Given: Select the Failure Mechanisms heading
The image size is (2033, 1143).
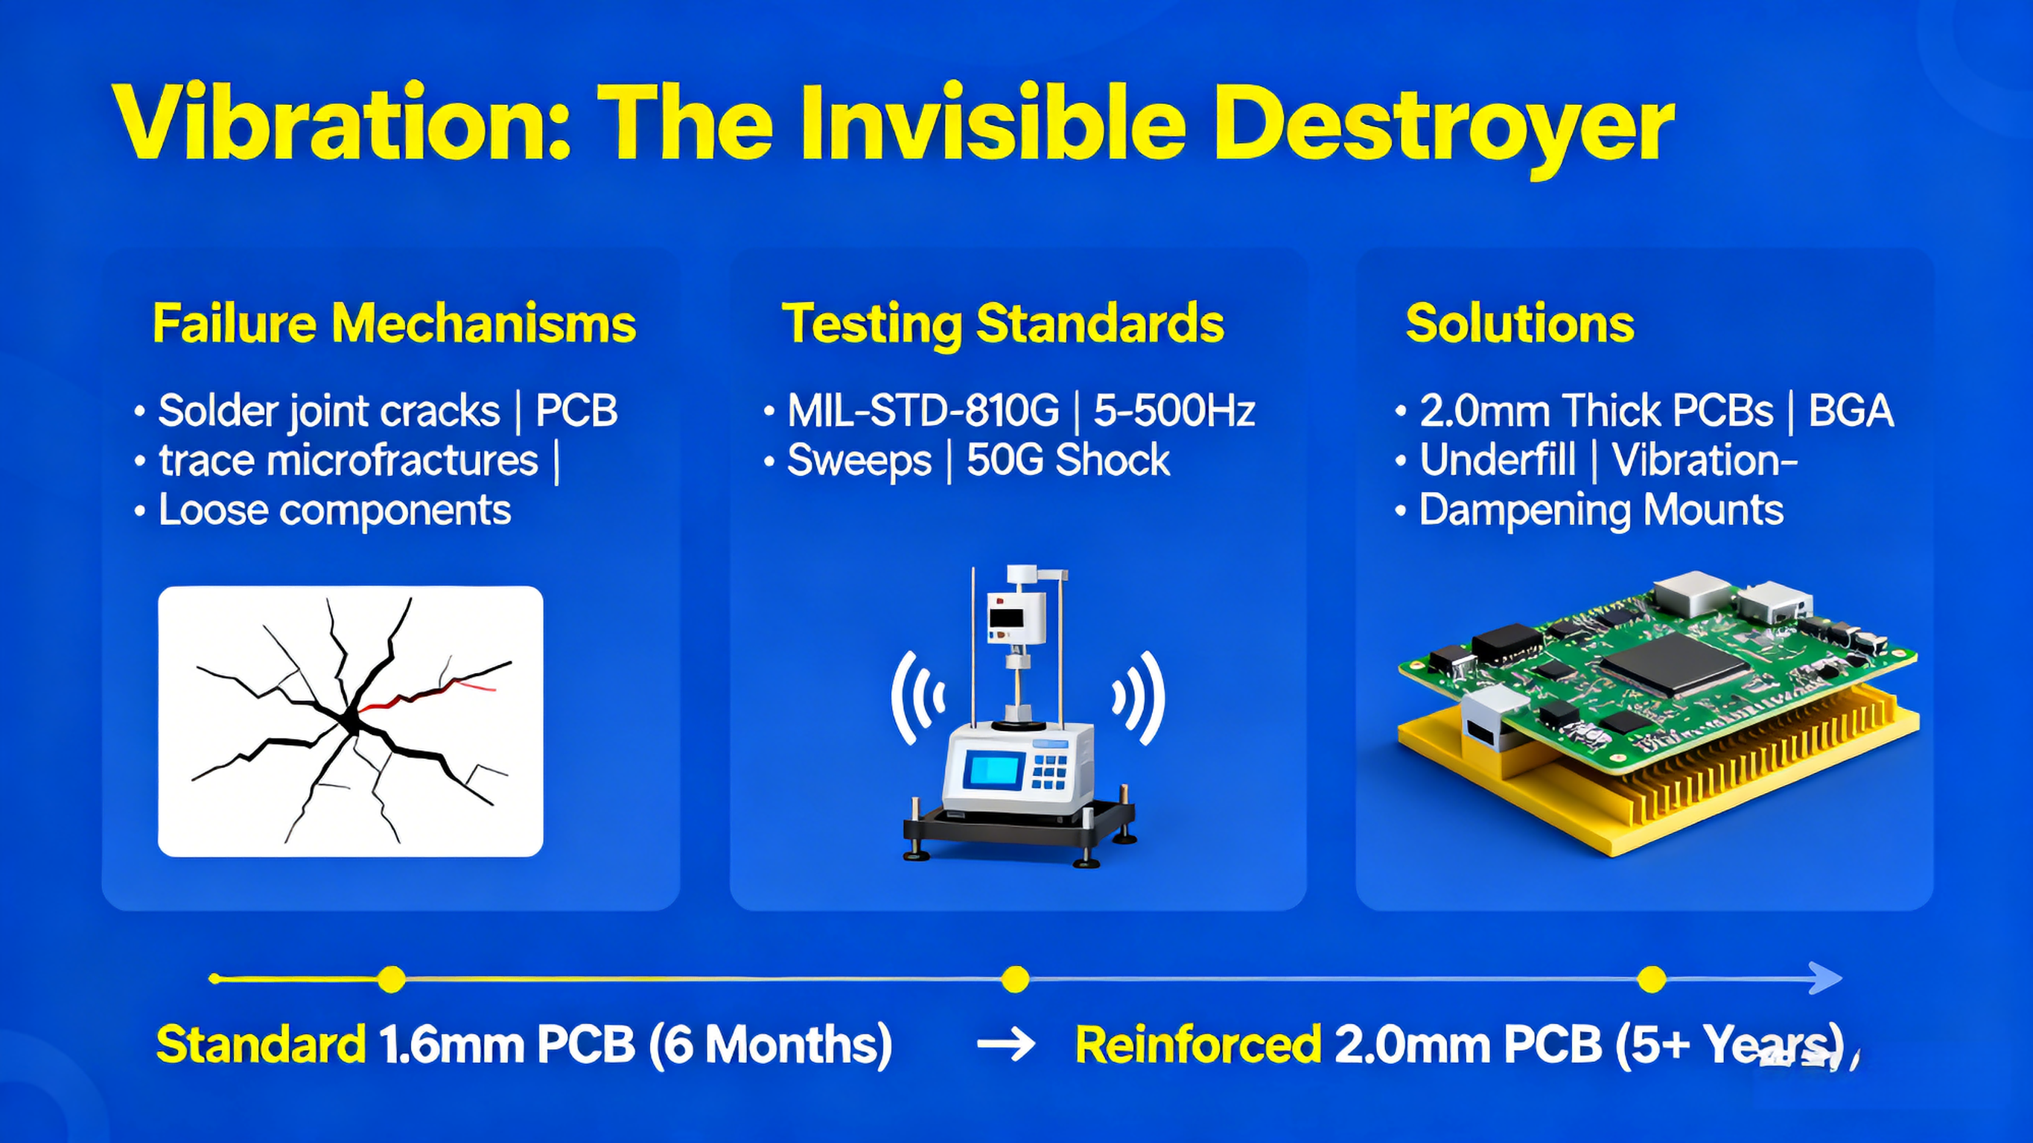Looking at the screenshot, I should pos(394,323).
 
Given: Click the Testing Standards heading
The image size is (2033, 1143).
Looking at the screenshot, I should pos(1002,323).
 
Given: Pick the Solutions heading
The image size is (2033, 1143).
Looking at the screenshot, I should pos(1519,323).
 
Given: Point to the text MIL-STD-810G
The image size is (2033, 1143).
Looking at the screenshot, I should pos(923,410).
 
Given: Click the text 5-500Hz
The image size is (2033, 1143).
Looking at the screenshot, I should pos(1174,410).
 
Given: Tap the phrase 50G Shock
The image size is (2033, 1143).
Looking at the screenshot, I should pos(1067,460).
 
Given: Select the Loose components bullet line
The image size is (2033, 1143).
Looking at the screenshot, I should pos(334,510).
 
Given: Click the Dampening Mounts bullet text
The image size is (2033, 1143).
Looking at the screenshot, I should pos(1600,510).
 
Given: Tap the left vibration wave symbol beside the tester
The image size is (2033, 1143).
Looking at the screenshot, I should pos(915,697).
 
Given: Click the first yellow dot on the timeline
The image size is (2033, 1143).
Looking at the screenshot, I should pos(391,979).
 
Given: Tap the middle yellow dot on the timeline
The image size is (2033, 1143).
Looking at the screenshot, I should pos(1015,979).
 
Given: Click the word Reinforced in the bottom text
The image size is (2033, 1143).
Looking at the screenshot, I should pos(1197,1044).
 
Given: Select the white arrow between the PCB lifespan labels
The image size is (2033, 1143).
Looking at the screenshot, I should pos(1005,1044).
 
